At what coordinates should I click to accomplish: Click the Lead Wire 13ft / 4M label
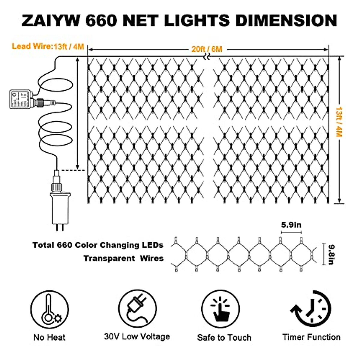(x=48, y=46)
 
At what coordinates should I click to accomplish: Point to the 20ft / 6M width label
(x=207, y=49)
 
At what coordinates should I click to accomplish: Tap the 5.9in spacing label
(x=291, y=225)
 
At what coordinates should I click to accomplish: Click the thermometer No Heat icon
(x=49, y=309)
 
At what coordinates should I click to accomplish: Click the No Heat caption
(x=49, y=337)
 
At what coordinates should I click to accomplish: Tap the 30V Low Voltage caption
(x=137, y=337)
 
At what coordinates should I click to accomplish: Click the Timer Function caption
(x=311, y=337)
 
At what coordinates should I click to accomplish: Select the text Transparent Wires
(x=123, y=258)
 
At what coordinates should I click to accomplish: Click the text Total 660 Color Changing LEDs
(x=98, y=245)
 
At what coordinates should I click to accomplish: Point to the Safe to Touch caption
(x=224, y=337)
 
